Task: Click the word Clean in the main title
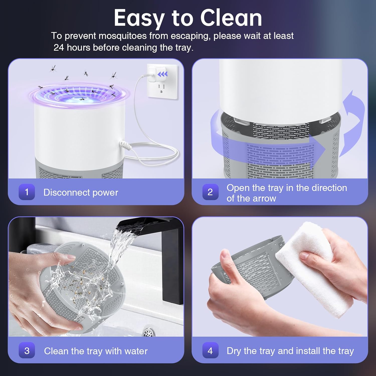click(231, 18)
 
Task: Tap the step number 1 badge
click(27, 192)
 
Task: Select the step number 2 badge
click(210, 192)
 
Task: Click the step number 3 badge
click(27, 350)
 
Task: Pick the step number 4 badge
click(210, 350)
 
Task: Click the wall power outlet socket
click(162, 88)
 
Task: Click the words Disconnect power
click(80, 193)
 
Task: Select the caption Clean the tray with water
click(96, 351)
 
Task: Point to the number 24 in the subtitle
click(59, 47)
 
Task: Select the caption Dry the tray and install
click(290, 351)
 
